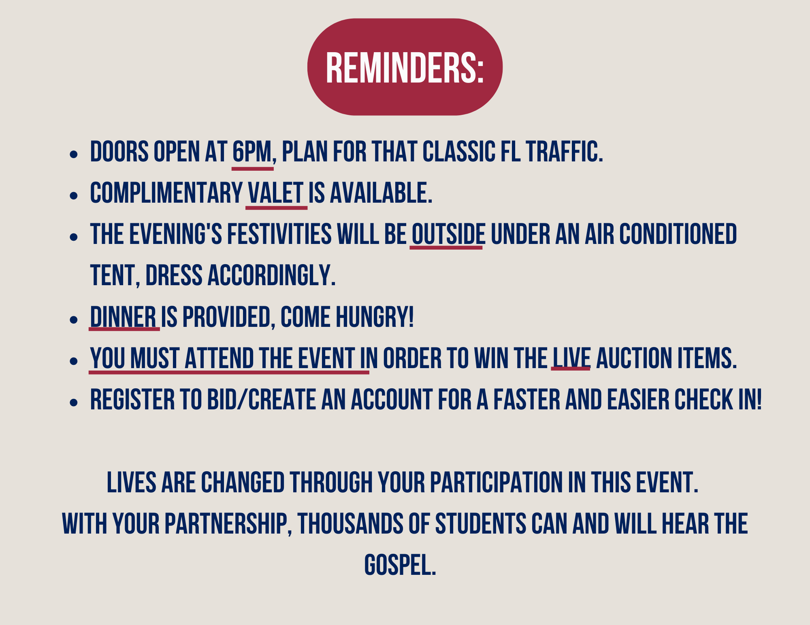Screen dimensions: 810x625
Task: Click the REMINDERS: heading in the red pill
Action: pyautogui.click(x=405, y=68)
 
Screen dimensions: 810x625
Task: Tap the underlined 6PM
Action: pyautogui.click(x=252, y=152)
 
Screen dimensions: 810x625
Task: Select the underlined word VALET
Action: pyautogui.click(x=275, y=193)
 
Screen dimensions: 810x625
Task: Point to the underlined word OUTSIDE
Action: pyautogui.click(x=448, y=234)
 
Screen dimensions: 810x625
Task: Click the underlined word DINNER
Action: pyautogui.click(x=123, y=317)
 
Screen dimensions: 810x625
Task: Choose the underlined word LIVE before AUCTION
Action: pyautogui.click(x=571, y=358)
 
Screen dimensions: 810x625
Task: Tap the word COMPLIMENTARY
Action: pyautogui.click(x=166, y=193)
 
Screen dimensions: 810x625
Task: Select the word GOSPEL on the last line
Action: pyautogui.click(x=400, y=565)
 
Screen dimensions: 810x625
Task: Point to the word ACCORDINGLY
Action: pyautogui.click(x=271, y=275)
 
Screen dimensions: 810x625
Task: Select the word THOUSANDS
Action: pyautogui.click(x=350, y=523)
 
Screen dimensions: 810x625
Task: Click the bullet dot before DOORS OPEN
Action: pyautogui.click(x=73, y=154)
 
